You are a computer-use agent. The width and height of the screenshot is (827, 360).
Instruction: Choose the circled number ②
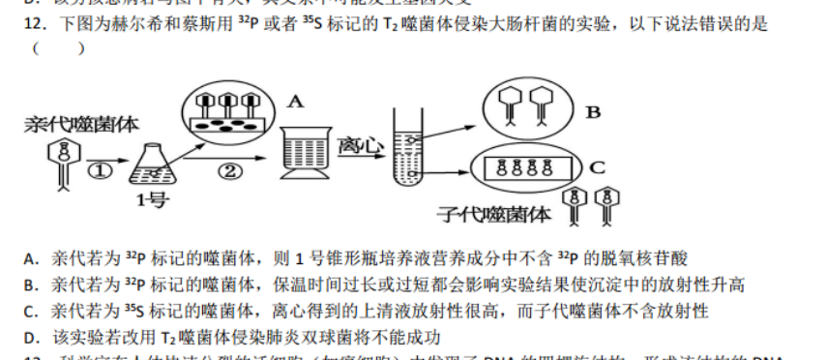click(x=228, y=170)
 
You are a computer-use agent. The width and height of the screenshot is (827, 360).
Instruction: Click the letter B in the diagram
click(x=592, y=112)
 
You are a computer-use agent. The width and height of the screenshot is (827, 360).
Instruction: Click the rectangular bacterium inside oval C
click(x=528, y=167)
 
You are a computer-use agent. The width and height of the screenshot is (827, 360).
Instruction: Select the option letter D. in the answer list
click(x=30, y=337)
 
